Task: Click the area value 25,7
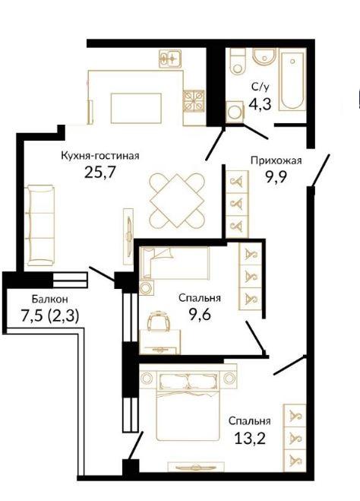[x=99, y=173]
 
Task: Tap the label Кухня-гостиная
[x=100, y=156]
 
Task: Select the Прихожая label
[x=276, y=160]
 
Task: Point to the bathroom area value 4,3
[x=261, y=104]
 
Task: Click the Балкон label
[x=50, y=299]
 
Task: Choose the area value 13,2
[x=250, y=439]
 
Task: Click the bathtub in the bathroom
[x=292, y=79]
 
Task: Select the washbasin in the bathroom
[x=264, y=58]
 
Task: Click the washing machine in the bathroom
[x=235, y=112]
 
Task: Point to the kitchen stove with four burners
[x=194, y=100]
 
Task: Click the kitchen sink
[x=170, y=59]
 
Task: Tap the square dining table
[x=176, y=201]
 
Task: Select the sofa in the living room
[x=41, y=225]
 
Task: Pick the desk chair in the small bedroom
[x=159, y=321]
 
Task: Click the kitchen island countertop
[x=136, y=108]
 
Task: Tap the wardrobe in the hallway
[x=237, y=204]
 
